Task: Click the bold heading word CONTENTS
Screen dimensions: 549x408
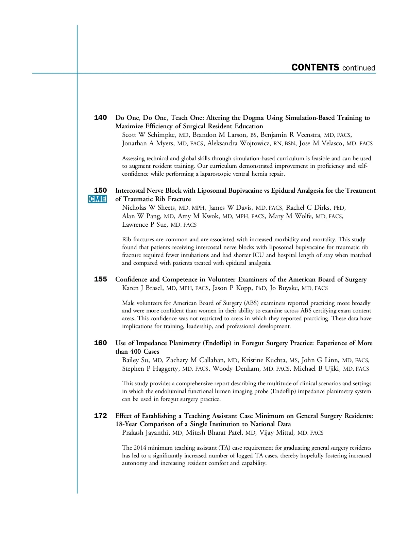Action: (315, 67)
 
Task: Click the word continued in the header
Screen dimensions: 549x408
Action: (359, 68)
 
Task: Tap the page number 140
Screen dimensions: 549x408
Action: (100, 118)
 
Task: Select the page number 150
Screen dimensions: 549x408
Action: (100, 191)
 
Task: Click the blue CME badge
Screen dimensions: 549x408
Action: (97, 199)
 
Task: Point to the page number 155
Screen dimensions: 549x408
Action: (100, 279)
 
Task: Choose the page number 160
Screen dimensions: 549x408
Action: (100, 343)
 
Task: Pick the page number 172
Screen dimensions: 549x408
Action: (100, 416)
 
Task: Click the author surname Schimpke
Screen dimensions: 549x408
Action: (161, 135)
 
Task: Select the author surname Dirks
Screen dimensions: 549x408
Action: (321, 208)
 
